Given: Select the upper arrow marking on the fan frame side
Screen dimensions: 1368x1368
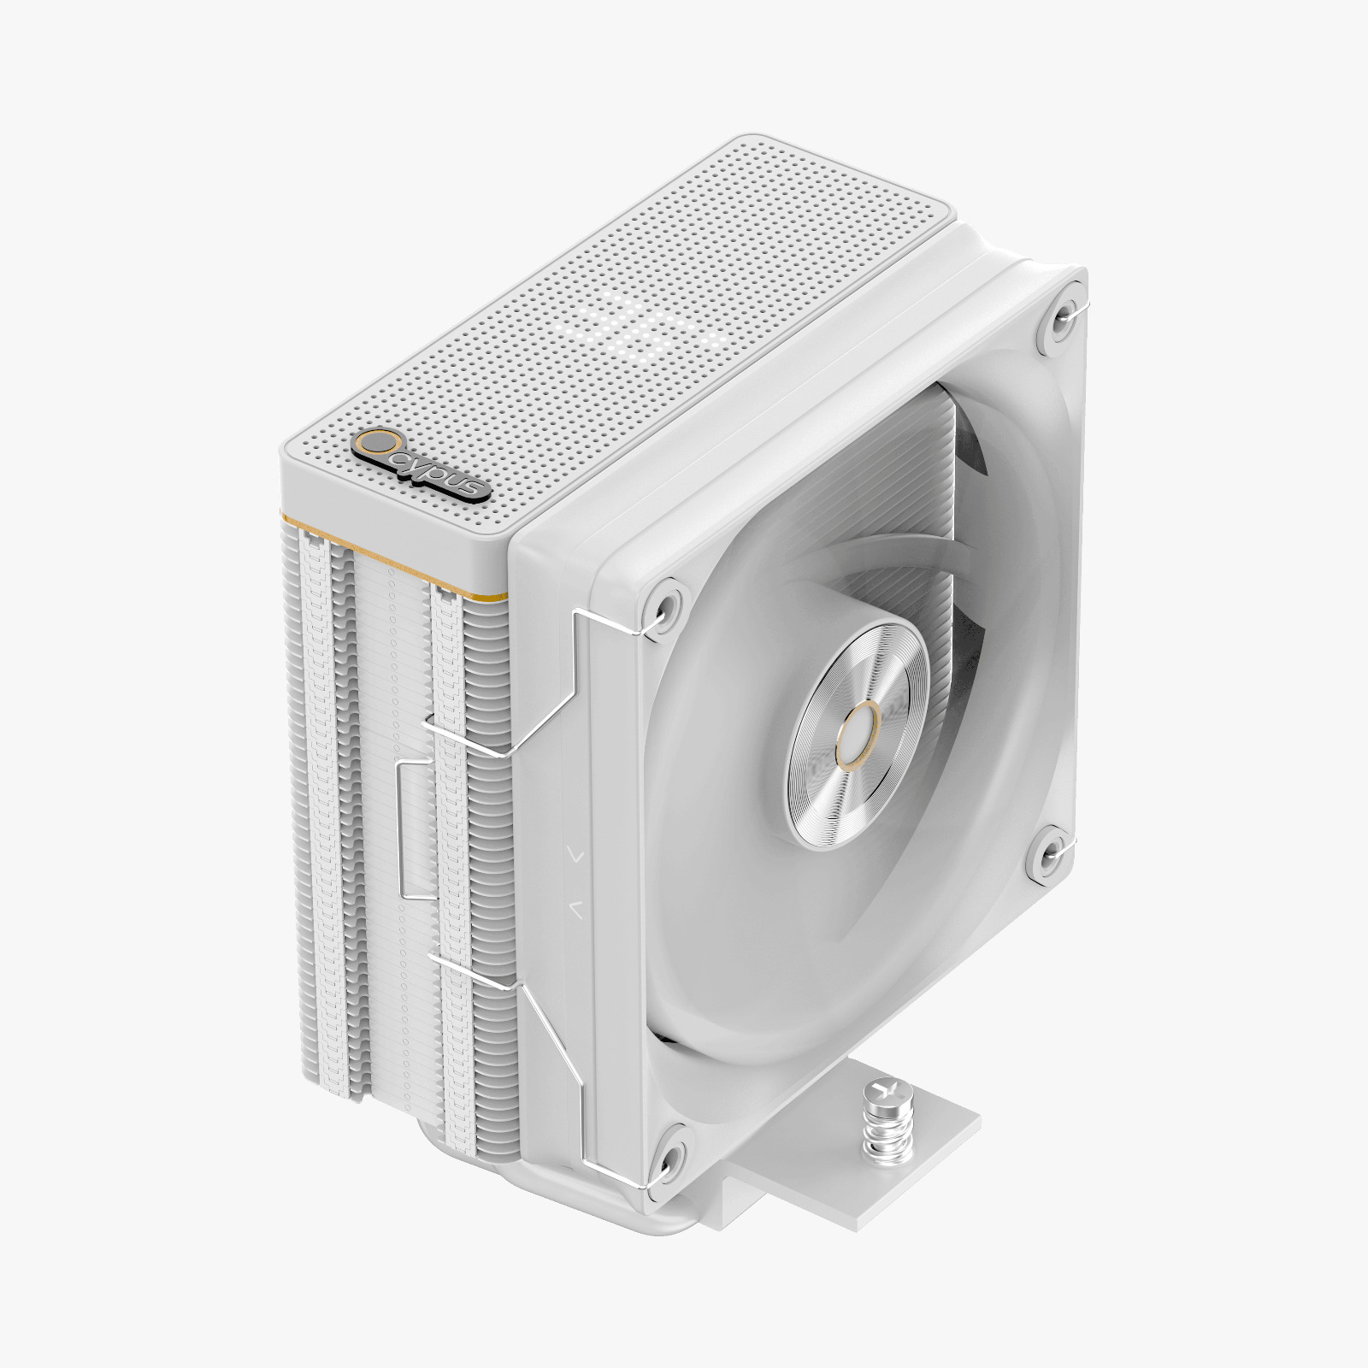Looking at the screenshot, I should coord(575,852).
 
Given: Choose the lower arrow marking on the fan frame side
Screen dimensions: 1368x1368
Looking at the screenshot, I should coord(575,910).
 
